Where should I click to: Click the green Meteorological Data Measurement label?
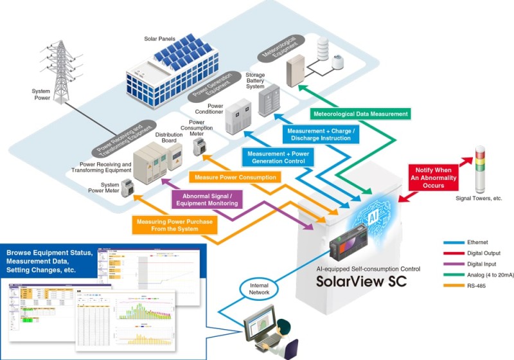(x=360, y=114)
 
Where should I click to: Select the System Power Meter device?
(x=127, y=187)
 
